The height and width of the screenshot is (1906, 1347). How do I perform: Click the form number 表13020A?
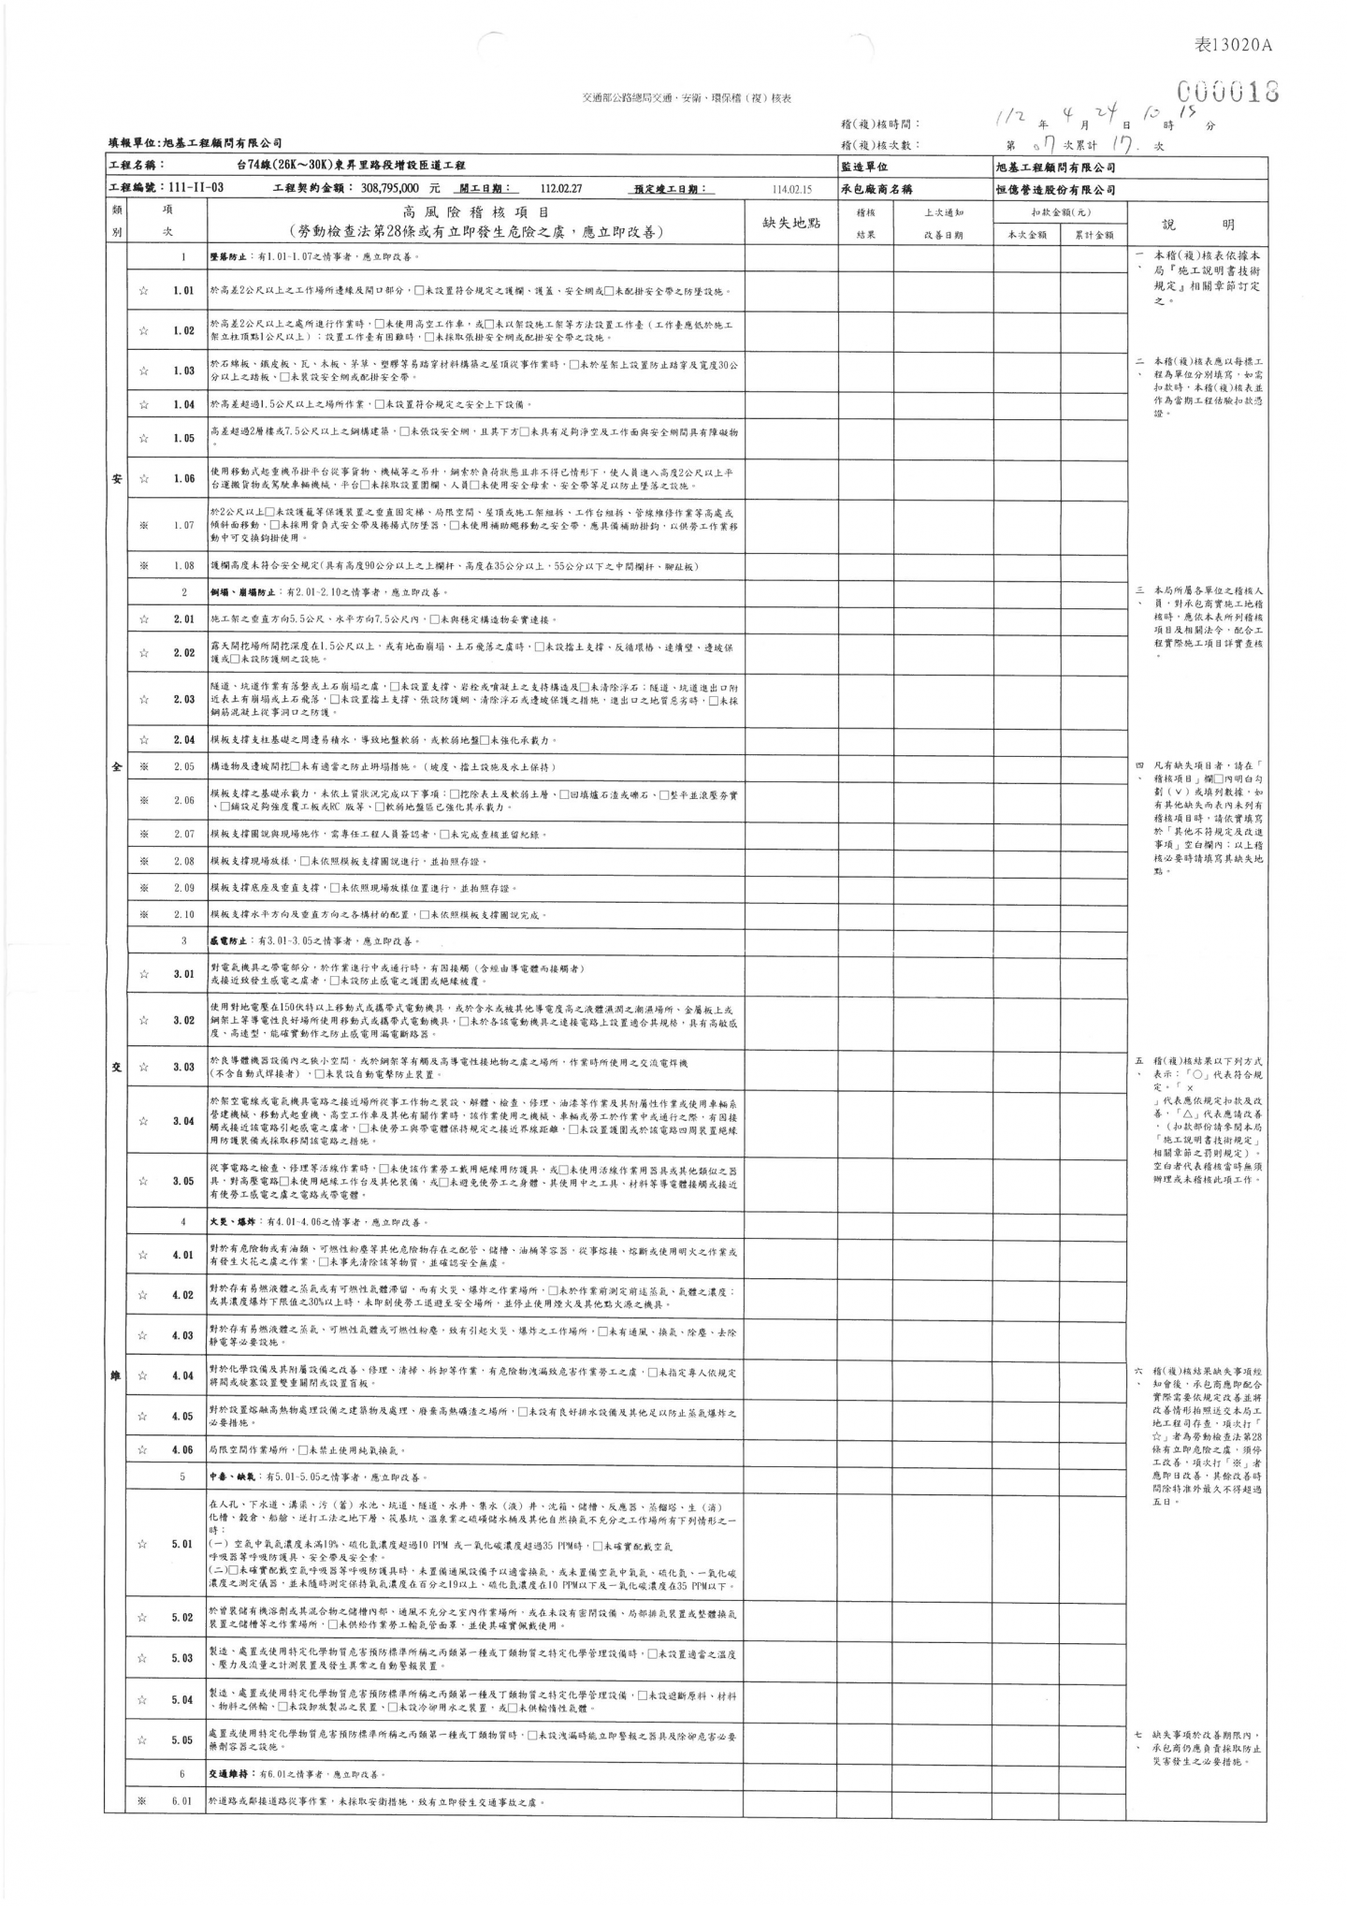(1235, 45)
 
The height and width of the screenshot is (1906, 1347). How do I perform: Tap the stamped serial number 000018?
(1227, 92)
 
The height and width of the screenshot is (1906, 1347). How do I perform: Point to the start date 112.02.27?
(562, 189)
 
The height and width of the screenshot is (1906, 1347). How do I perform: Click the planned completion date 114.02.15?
(792, 189)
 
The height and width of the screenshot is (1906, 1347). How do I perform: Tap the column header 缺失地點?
(791, 223)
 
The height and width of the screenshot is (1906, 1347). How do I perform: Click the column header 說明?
(1198, 225)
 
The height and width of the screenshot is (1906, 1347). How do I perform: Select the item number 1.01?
(183, 291)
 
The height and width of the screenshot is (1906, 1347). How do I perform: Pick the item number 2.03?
(183, 700)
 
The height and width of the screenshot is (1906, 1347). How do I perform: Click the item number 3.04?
(183, 1121)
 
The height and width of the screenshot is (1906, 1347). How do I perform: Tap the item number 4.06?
(183, 1450)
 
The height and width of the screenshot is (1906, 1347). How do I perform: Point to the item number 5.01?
(183, 1544)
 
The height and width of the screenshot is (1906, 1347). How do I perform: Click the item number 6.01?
(183, 1801)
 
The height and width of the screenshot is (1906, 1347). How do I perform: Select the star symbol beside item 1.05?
(143, 438)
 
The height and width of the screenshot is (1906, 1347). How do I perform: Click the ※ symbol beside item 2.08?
(143, 861)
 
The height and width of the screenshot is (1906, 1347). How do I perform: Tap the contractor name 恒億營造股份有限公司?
(1057, 189)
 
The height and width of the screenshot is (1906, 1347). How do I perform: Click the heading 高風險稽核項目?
(475, 213)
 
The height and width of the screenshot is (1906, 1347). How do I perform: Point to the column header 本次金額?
(1026, 236)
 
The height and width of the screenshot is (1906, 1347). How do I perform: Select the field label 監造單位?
(865, 167)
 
